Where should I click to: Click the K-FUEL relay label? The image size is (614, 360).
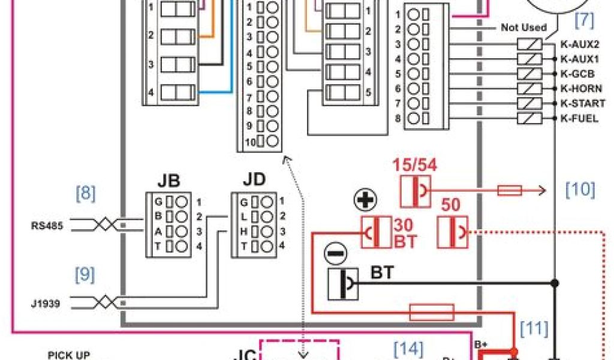579,118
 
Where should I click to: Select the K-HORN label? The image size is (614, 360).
580,88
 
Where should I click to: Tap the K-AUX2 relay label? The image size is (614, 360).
579,44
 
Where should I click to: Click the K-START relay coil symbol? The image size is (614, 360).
529,103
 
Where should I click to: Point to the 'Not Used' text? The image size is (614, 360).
523,28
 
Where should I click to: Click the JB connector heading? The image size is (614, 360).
168,181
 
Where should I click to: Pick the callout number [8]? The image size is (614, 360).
86,194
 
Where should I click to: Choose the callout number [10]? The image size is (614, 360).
580,190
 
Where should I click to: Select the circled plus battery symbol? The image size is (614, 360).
363,202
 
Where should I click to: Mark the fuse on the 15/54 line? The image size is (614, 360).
510,191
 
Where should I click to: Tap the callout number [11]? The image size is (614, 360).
534,328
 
